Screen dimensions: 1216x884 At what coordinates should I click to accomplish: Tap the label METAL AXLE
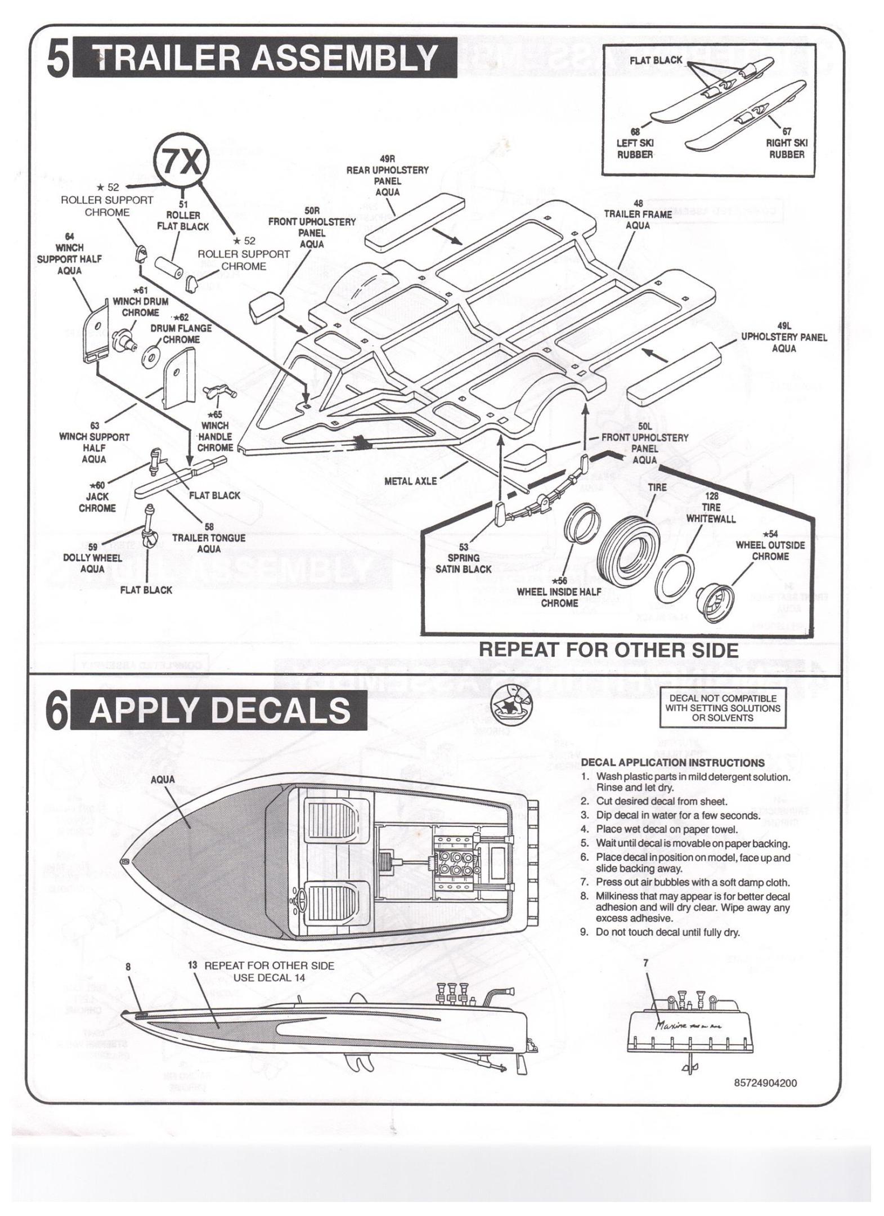click(410, 481)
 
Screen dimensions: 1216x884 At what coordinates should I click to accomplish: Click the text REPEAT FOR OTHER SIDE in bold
click(608, 650)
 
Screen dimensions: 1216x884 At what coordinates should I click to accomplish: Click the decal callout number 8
click(128, 967)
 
